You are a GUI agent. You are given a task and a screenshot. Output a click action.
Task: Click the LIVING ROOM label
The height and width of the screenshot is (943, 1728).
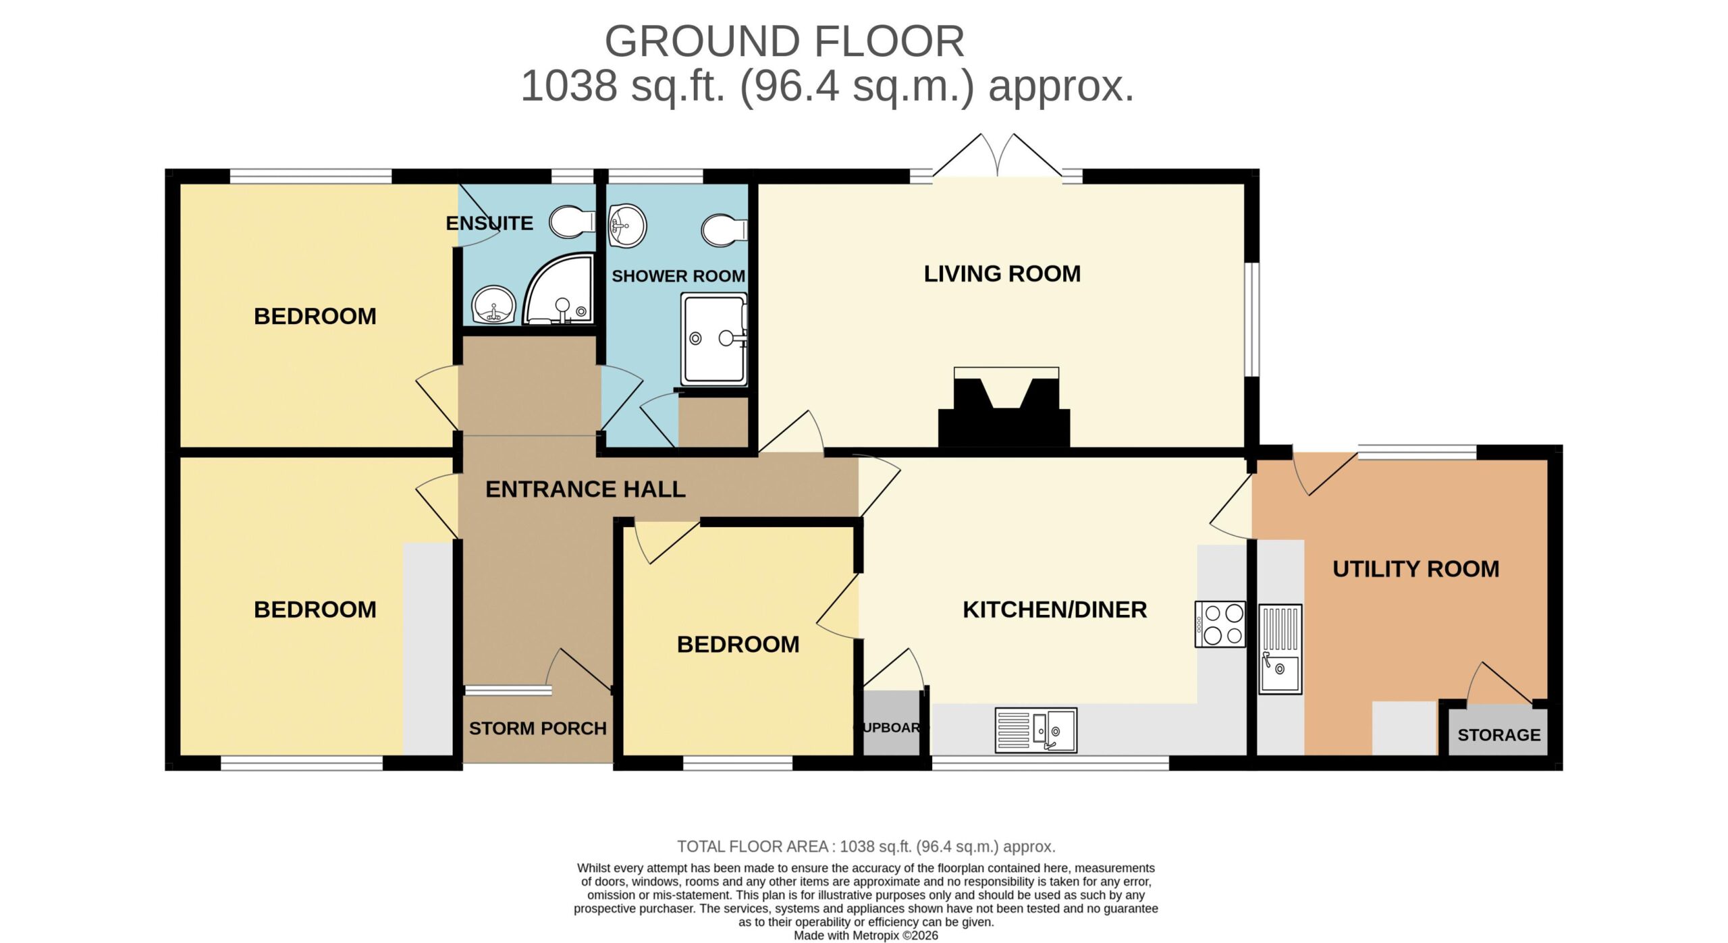pyautogui.click(x=1002, y=273)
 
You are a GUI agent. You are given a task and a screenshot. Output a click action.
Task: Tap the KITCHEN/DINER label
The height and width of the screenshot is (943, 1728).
pyautogui.click(x=1054, y=610)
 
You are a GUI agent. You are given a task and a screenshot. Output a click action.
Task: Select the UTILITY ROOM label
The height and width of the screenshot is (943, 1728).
pyautogui.click(x=1415, y=569)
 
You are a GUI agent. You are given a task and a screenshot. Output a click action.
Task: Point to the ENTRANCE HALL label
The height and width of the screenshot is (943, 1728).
pyautogui.click(x=585, y=489)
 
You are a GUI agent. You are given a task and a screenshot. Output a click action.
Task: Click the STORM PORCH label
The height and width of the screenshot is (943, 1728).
pyautogui.click(x=537, y=728)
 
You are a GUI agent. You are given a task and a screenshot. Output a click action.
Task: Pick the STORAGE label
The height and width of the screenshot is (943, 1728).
pyautogui.click(x=1498, y=735)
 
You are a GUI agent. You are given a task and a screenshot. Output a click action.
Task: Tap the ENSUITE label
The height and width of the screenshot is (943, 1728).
pyautogui.click(x=489, y=223)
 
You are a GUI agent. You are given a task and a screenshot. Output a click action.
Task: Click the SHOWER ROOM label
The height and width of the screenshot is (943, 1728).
pyautogui.click(x=678, y=276)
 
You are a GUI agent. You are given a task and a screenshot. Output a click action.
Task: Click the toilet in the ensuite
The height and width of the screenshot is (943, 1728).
pyautogui.click(x=572, y=222)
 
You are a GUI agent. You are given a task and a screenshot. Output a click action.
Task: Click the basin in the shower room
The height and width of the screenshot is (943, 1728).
pyautogui.click(x=627, y=225)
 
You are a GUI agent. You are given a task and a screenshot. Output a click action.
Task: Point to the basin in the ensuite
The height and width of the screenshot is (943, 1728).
pyautogui.click(x=493, y=304)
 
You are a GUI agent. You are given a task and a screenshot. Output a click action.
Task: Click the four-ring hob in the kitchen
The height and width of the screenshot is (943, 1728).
pyautogui.click(x=1220, y=624)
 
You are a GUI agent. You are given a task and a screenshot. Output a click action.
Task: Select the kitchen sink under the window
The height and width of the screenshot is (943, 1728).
pyautogui.click(x=1035, y=730)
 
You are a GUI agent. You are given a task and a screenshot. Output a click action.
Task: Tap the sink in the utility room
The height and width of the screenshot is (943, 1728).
pyautogui.click(x=1280, y=649)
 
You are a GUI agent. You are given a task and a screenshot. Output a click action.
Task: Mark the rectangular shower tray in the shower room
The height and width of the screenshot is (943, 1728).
pyautogui.click(x=713, y=340)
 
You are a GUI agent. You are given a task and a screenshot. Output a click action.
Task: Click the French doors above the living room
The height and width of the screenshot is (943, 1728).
pyautogui.click(x=997, y=157)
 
